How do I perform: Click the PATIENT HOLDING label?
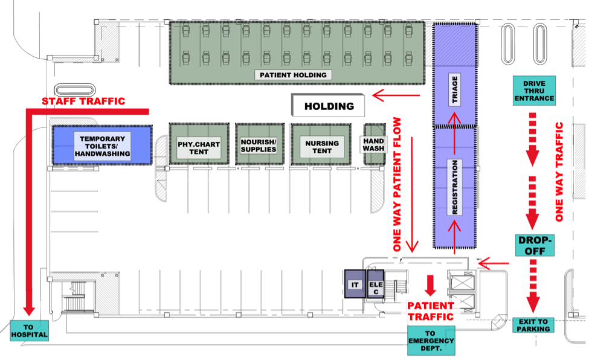coord(294,75)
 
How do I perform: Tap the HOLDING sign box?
coord(329,106)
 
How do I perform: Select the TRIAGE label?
coord(455,91)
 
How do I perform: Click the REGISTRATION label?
coord(455,188)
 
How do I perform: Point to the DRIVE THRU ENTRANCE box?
coord(534,91)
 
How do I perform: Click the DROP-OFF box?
coord(534,245)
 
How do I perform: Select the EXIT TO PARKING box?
coord(533,325)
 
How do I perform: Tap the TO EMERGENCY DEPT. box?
coord(431,341)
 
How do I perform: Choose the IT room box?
coord(355,284)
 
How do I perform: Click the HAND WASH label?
coord(373,144)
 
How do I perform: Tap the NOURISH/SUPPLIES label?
coord(259,145)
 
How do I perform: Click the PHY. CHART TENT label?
coord(198,147)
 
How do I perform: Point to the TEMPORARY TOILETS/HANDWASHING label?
coord(102,146)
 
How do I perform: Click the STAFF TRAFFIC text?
coord(83,101)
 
